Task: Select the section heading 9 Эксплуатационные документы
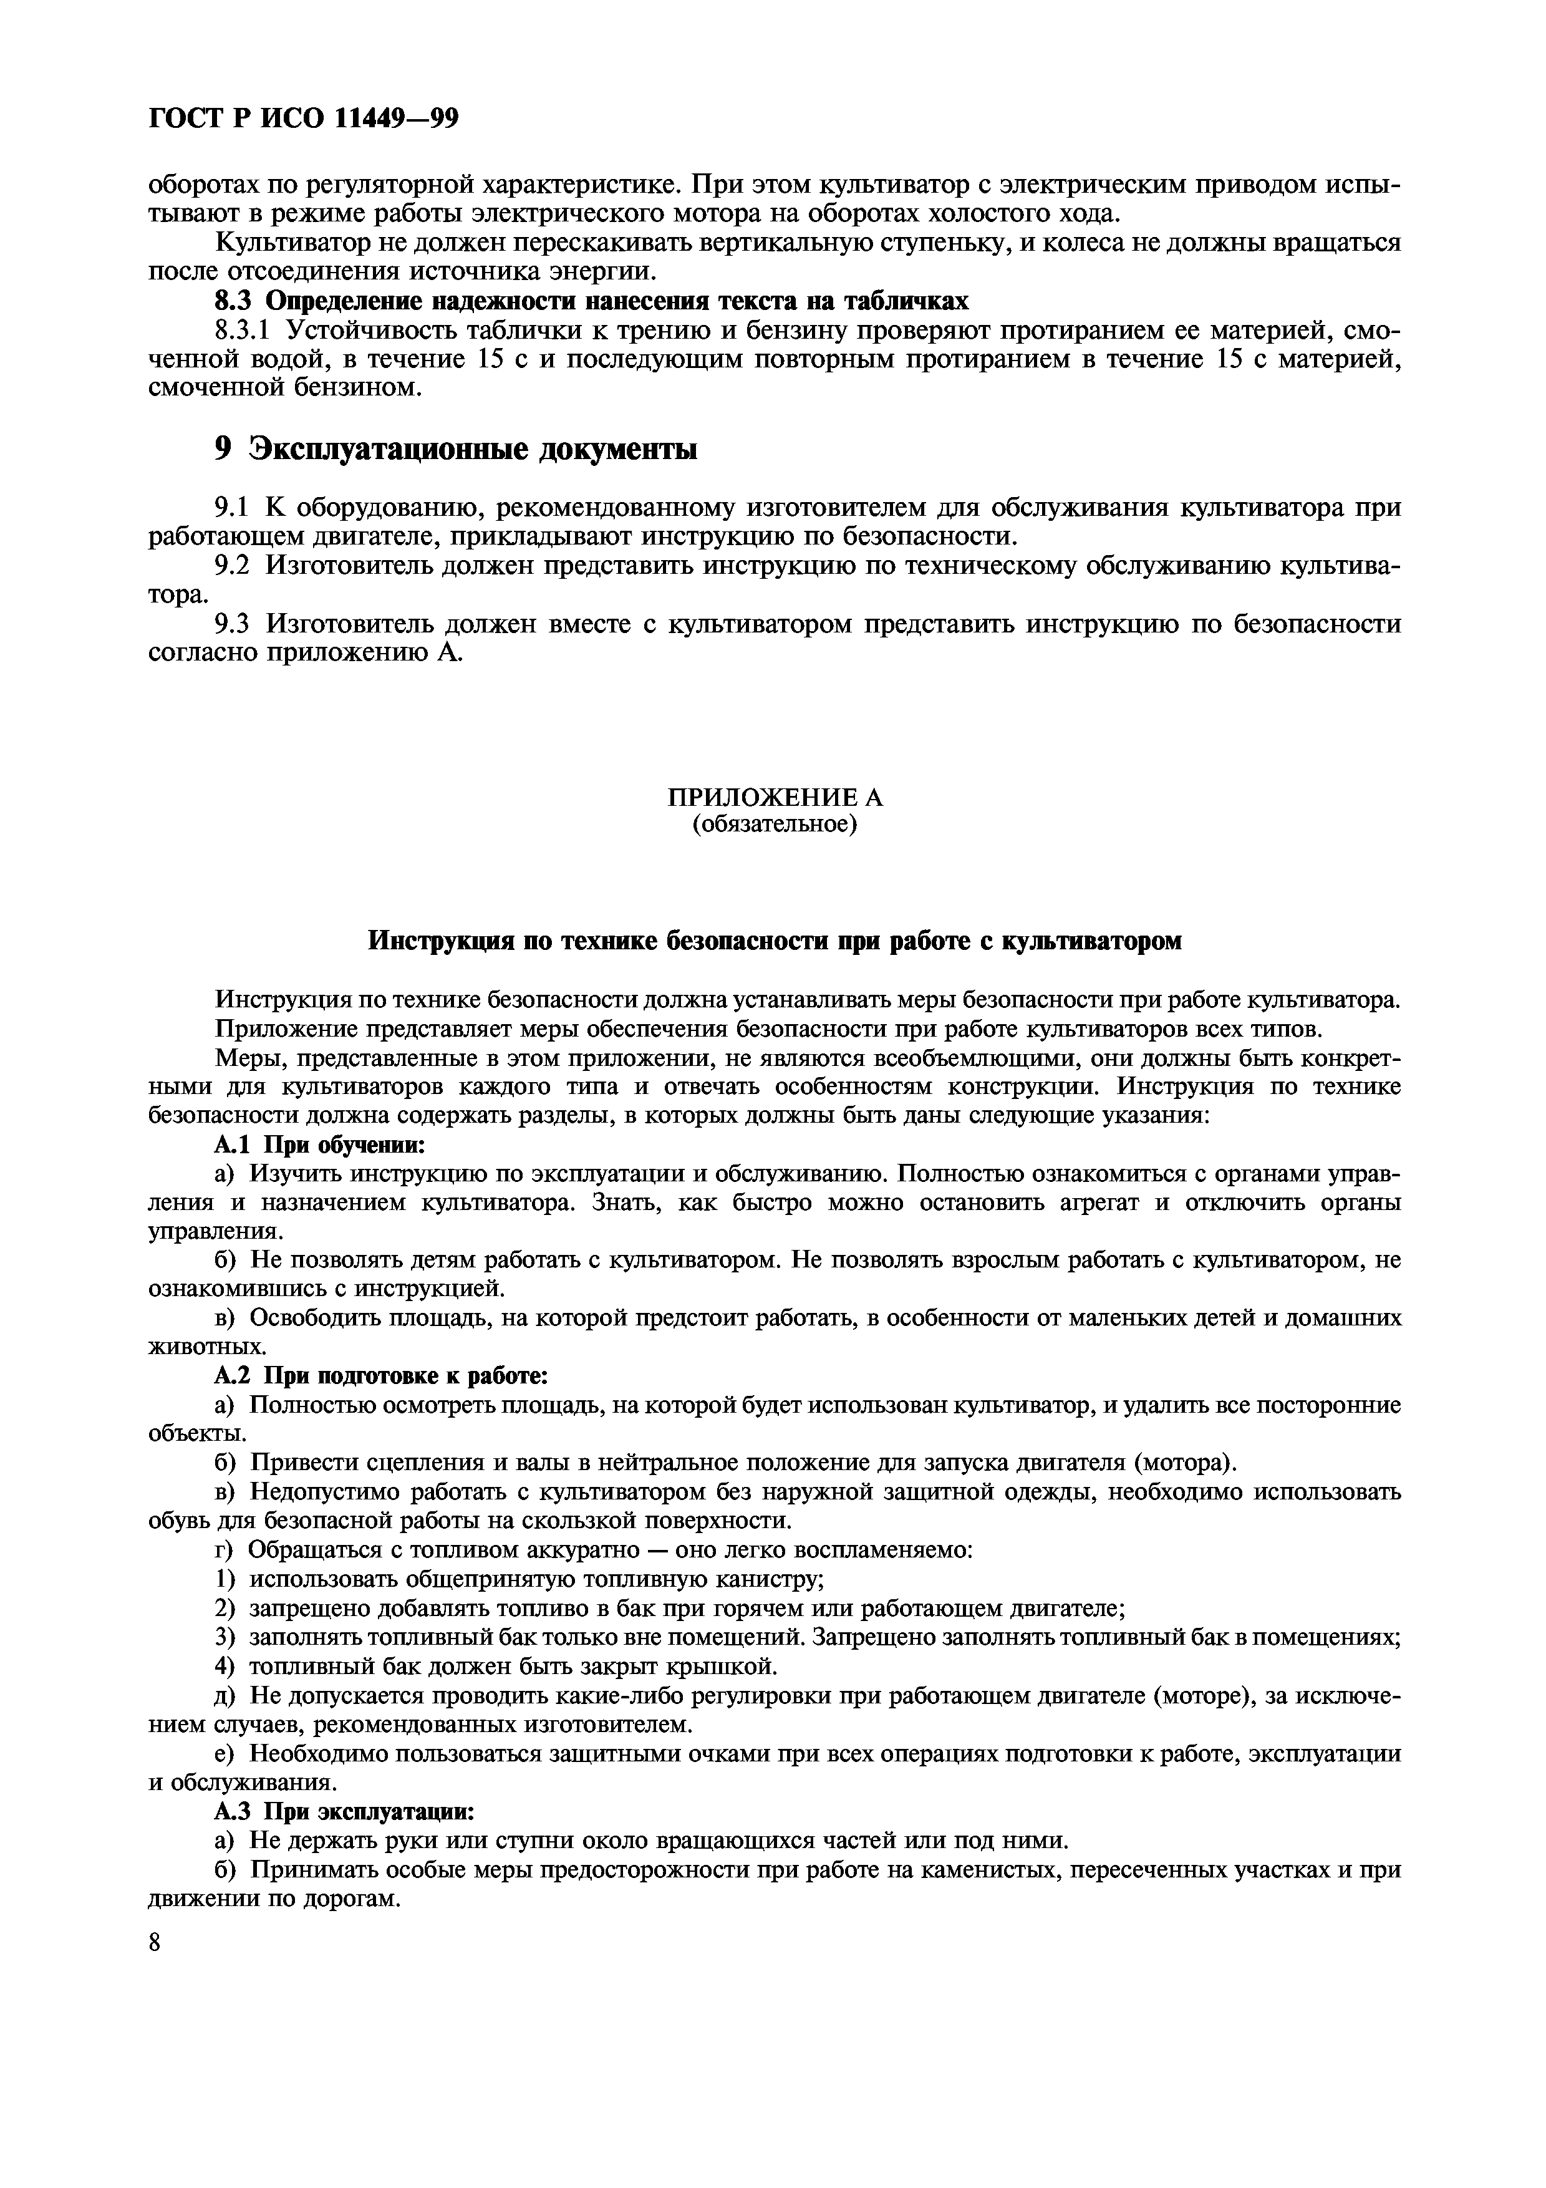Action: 455,448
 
